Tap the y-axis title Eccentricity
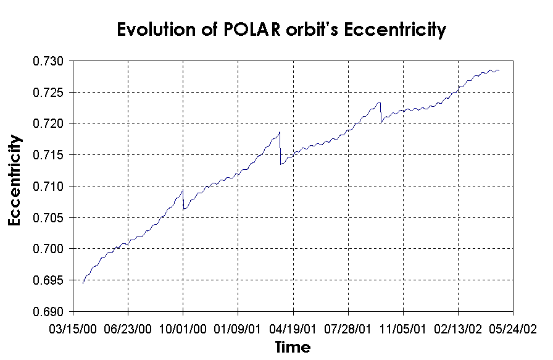point(17,180)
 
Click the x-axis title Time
point(293,346)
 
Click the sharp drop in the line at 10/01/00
point(183,200)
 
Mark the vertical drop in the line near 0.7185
point(280,148)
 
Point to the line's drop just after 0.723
point(381,113)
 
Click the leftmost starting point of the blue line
point(83,283)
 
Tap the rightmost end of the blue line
point(499,71)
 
